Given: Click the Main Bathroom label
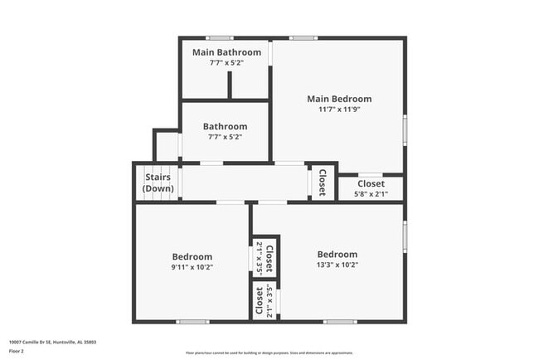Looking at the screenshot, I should point(226,52).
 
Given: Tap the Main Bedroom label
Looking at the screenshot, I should point(339,99).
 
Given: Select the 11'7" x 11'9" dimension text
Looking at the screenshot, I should point(339,109).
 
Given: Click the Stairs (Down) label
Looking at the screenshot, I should point(158,182).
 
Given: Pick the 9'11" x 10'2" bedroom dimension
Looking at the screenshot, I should point(192,267).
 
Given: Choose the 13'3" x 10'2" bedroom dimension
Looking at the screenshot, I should point(337,265).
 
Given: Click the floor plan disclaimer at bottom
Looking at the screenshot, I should point(269,351).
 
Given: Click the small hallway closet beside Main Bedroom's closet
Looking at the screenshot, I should point(323,182).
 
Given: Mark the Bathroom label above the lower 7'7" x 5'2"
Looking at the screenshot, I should point(226,126).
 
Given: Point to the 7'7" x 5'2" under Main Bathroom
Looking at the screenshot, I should point(226,63).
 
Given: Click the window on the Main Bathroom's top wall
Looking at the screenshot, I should point(219,37).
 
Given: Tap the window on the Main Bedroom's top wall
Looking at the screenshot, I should point(303,37).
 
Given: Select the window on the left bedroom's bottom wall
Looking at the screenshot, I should point(192,321).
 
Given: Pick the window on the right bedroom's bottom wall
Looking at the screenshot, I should point(340,321).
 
